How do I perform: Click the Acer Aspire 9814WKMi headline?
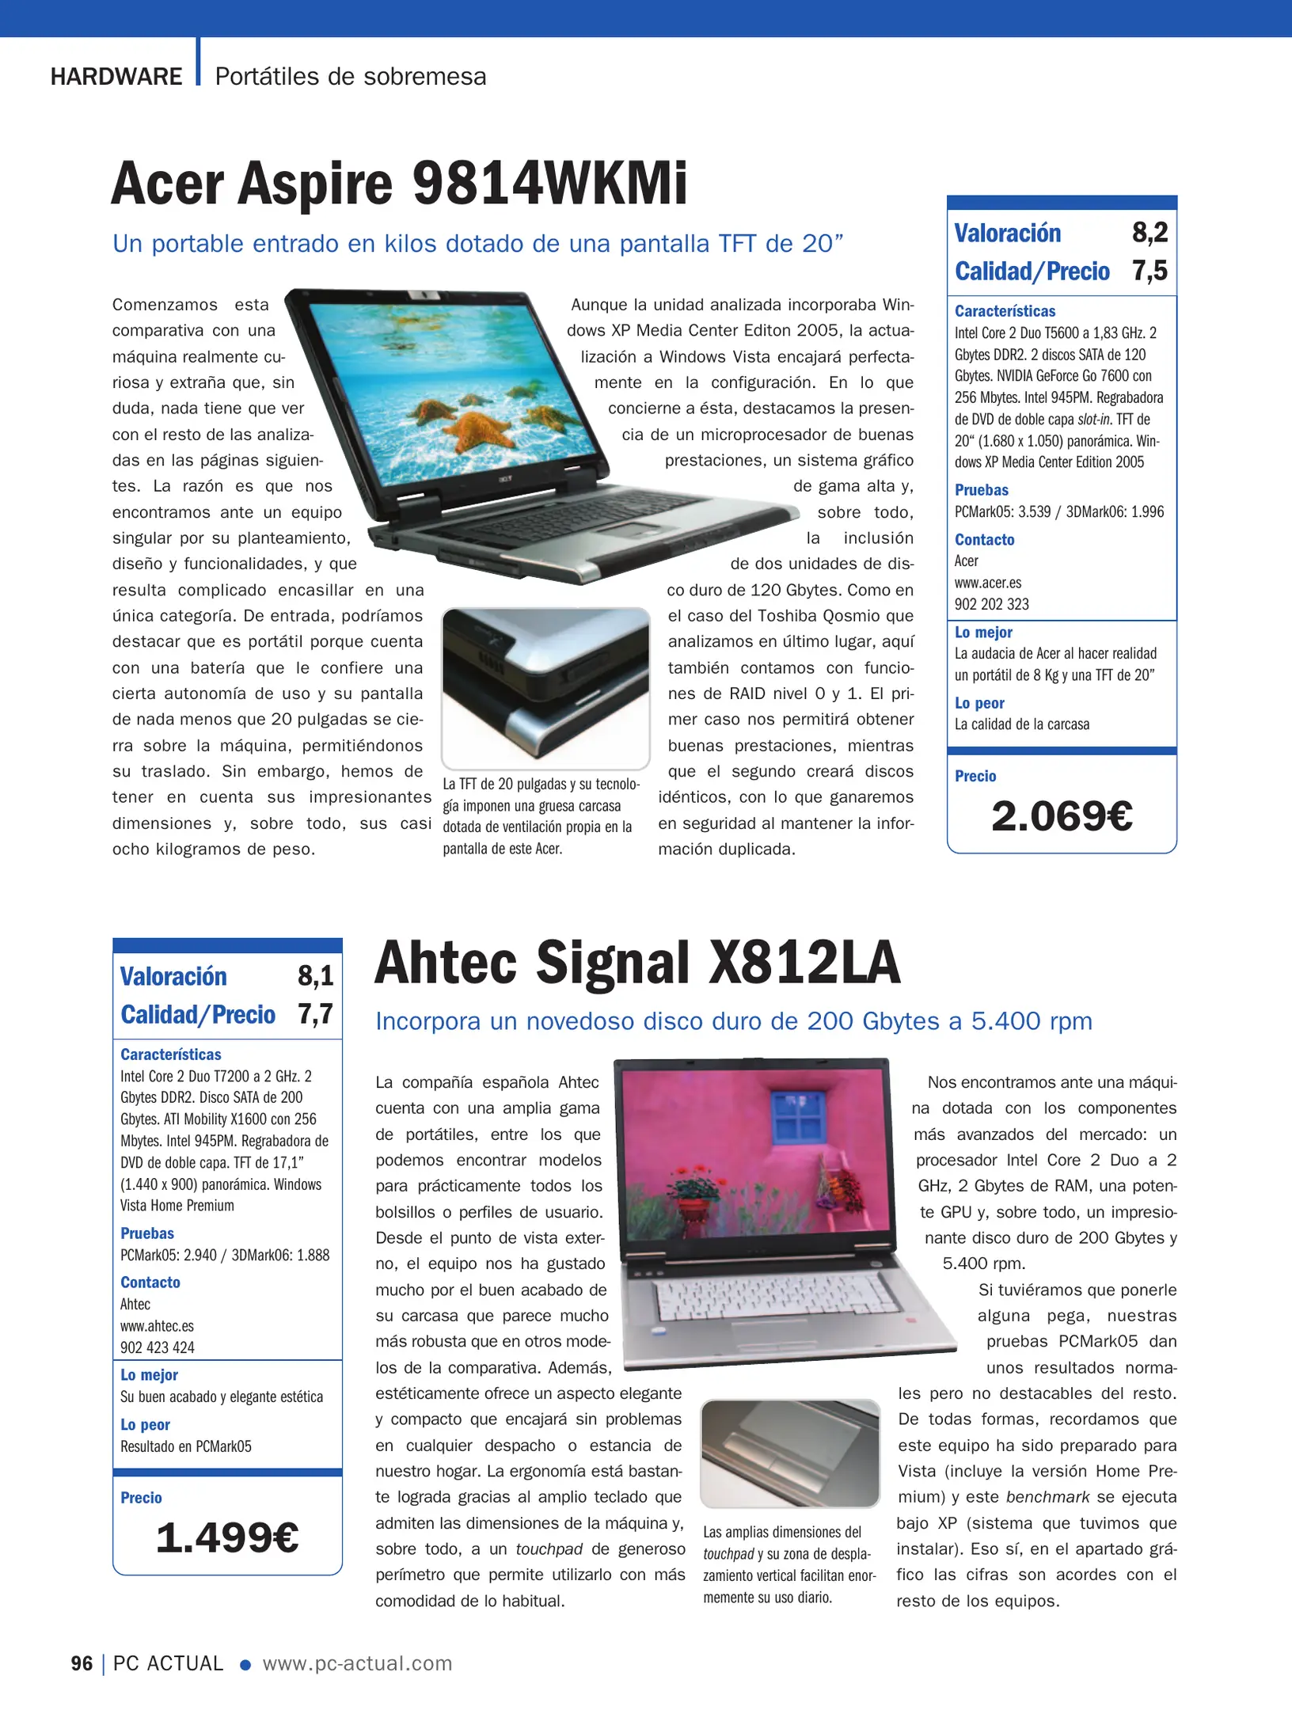399,184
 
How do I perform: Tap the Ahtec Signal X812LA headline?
637,963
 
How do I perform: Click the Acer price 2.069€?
1062,816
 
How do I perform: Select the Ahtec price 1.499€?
227,1538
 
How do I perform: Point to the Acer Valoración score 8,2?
1149,233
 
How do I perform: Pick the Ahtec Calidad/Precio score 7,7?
315,1014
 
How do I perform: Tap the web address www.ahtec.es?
157,1326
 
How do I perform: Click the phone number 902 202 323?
992,604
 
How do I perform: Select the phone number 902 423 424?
158,1347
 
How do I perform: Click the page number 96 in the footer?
82,1663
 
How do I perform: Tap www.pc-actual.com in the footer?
357,1663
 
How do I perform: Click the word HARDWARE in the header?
116,77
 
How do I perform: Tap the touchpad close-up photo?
790,1453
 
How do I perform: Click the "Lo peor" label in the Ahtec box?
145,1425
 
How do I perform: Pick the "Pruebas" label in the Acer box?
982,490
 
